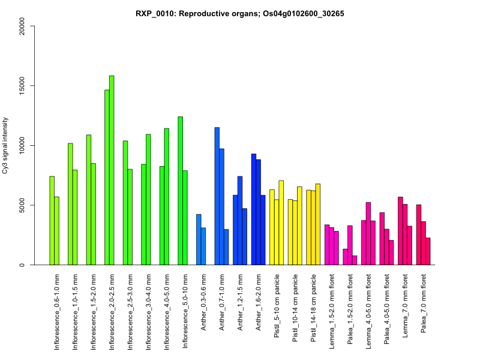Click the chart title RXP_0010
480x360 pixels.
tap(240, 13)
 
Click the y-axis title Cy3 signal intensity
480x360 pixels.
tap(5, 145)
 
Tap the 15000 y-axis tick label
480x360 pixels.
tap(22, 86)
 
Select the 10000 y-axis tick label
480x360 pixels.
tap(22, 145)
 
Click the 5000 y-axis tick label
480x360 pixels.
tap(22, 205)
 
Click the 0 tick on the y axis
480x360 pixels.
tap(22, 265)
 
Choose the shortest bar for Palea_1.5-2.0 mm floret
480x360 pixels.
tap(355, 260)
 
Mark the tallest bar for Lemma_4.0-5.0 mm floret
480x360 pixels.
tap(368, 233)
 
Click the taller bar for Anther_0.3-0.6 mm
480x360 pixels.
tap(199, 239)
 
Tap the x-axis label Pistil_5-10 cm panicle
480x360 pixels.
tap(277, 306)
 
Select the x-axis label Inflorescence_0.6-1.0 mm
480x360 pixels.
tap(57, 313)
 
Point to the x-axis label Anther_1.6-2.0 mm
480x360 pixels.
tap(259, 302)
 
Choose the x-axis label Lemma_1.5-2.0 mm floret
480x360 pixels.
tap(332, 313)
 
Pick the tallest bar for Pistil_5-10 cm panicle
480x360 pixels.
tap(281, 223)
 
